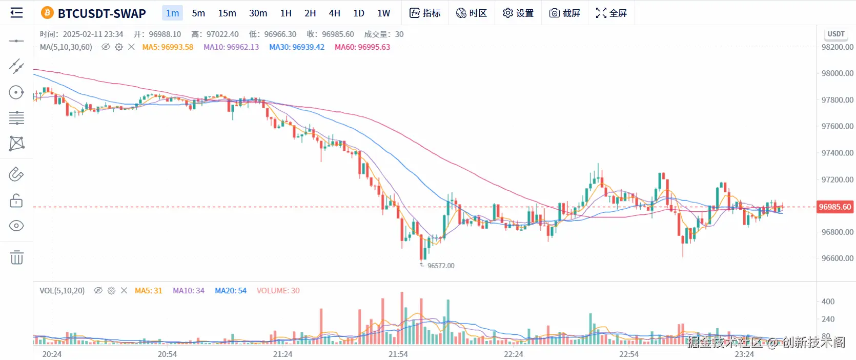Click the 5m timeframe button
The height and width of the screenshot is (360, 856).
(x=198, y=13)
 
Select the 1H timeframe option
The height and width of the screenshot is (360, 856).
(x=286, y=13)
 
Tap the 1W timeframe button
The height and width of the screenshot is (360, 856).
(x=383, y=13)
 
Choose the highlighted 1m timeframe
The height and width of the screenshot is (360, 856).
(x=172, y=13)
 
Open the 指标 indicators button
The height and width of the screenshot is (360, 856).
(x=425, y=13)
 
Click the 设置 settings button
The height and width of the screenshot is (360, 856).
(x=518, y=13)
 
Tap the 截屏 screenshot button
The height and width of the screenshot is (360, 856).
(x=564, y=13)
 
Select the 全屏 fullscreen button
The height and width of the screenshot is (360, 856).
(x=611, y=13)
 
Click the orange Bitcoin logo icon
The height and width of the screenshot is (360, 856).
(x=47, y=13)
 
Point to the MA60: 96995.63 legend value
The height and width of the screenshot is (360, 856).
(x=362, y=47)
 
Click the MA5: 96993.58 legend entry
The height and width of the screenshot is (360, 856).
(x=168, y=47)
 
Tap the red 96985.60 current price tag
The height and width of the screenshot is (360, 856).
(x=834, y=207)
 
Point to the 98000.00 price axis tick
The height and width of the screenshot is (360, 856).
(x=837, y=73)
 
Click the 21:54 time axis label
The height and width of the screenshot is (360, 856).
(x=398, y=354)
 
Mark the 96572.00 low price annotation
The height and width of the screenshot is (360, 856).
(x=440, y=266)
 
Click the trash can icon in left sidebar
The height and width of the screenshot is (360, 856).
(x=16, y=257)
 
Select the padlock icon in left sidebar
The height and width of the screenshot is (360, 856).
(x=16, y=201)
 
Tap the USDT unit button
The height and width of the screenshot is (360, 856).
(x=835, y=34)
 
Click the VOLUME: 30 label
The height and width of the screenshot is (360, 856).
(x=278, y=291)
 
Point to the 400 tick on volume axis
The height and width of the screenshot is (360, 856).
(x=828, y=302)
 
